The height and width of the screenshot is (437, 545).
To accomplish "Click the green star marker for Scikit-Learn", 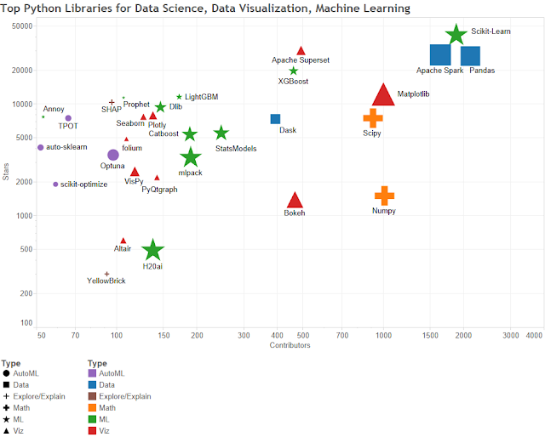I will (x=456, y=34).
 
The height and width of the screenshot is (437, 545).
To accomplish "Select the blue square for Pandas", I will (x=471, y=56).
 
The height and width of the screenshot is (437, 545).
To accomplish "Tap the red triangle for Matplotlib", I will (x=383, y=95).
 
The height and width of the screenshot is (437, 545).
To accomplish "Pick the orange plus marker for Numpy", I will (x=384, y=196).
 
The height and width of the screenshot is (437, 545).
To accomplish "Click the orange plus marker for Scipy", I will (x=373, y=118).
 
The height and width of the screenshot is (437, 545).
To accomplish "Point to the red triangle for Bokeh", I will (x=295, y=201).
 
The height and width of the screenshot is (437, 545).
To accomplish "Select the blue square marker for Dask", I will (x=275, y=119).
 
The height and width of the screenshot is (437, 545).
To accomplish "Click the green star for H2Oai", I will (x=153, y=250).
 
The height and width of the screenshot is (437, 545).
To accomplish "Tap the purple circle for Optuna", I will (x=113, y=155).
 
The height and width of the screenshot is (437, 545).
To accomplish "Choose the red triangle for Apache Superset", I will (x=301, y=51).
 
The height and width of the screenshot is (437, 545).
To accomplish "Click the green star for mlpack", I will (x=191, y=156).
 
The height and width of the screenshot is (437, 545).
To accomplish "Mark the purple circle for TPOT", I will (x=68, y=118).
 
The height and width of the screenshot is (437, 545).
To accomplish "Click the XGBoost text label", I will (x=293, y=82).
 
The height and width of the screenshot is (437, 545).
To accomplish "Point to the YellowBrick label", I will (x=106, y=281).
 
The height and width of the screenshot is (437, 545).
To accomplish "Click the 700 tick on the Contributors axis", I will (x=342, y=336).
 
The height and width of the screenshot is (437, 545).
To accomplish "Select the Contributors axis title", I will (x=290, y=346).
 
